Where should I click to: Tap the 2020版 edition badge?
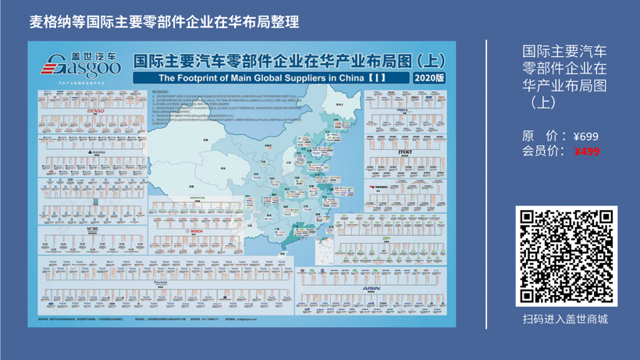tap(429, 78)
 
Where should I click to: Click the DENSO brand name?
tap(95, 111)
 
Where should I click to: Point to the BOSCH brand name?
tap(196, 231)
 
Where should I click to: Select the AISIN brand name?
tap(372, 288)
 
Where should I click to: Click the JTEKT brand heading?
tap(404, 151)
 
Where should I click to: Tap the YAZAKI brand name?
tap(380, 187)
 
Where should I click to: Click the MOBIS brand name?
tap(92, 230)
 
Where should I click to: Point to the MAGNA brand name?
tap(97, 152)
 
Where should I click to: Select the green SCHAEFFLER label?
tap(196, 198)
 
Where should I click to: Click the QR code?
tap(566, 256)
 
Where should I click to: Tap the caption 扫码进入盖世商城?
tap(565, 319)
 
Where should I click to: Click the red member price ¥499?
tap(587, 151)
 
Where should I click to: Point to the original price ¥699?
tap(585, 137)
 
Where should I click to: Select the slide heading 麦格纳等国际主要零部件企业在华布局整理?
tap(164, 22)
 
